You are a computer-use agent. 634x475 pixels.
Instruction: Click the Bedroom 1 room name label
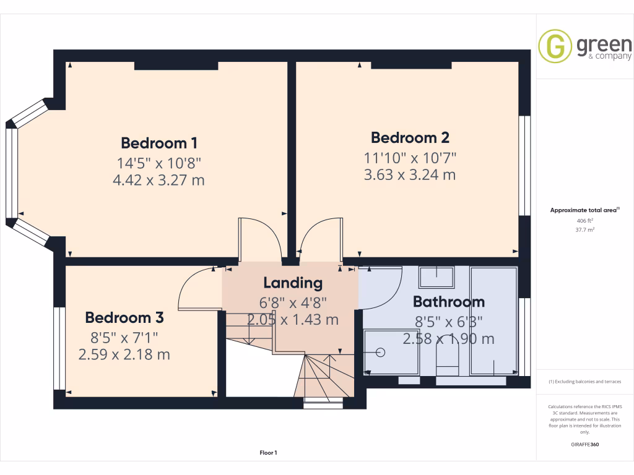coord(159,143)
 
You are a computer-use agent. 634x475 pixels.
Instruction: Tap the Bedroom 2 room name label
coord(410,137)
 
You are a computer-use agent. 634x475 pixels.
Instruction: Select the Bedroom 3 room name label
coord(124,318)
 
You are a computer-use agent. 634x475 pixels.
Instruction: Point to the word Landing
coord(293,283)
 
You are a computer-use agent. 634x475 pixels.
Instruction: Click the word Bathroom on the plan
coord(448,302)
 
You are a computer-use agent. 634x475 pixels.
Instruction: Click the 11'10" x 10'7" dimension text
coord(410,157)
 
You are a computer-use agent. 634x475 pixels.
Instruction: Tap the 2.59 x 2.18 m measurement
coord(124,355)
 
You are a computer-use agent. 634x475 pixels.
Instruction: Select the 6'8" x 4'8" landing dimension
coord(293,302)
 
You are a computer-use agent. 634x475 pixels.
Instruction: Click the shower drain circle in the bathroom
coord(381,353)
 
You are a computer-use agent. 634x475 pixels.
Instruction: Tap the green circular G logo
coord(555,46)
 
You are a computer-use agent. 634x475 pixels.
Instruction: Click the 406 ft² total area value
coord(584,220)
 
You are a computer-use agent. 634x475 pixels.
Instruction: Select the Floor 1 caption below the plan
coord(268,453)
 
